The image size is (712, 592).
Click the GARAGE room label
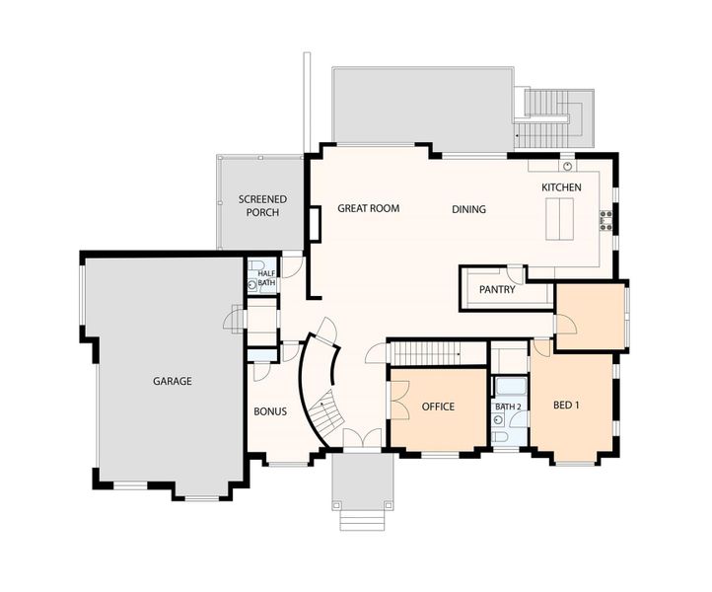172,382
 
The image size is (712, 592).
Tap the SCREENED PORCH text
260,206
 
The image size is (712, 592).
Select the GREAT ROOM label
368,209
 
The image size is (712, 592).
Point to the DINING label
468,209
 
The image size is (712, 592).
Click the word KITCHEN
561,187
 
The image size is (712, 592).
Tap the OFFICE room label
438,407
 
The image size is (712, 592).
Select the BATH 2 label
507,407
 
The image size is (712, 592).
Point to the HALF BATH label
267,278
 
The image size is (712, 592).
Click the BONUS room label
270,411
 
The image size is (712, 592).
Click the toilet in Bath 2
500,436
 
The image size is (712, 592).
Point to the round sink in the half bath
252,285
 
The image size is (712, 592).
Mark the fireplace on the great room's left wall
315,224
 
